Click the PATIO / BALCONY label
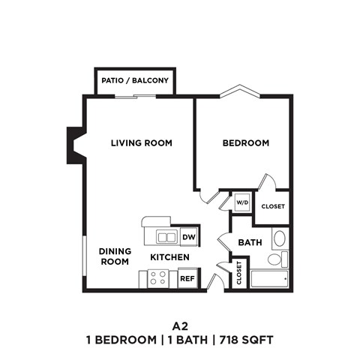click(x=135, y=80)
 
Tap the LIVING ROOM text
click(x=142, y=142)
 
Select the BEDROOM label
click(x=245, y=142)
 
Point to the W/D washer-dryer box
click(x=241, y=202)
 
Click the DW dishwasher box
click(x=187, y=237)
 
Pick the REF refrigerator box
click(x=187, y=278)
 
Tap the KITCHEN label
click(x=169, y=257)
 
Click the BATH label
click(x=249, y=242)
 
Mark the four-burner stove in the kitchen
click(x=157, y=278)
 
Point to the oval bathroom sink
click(x=279, y=239)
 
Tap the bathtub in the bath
click(x=268, y=280)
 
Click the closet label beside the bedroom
click(x=272, y=206)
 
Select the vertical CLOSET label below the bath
click(x=238, y=273)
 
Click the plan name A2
click(x=179, y=326)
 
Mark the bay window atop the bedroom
click(x=239, y=92)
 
